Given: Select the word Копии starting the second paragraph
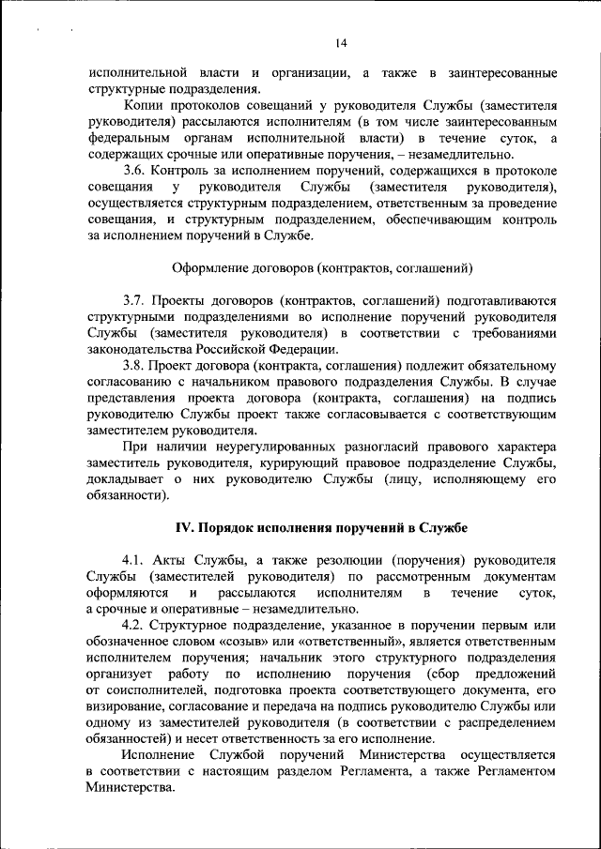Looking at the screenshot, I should pyautogui.click(x=144, y=106).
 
